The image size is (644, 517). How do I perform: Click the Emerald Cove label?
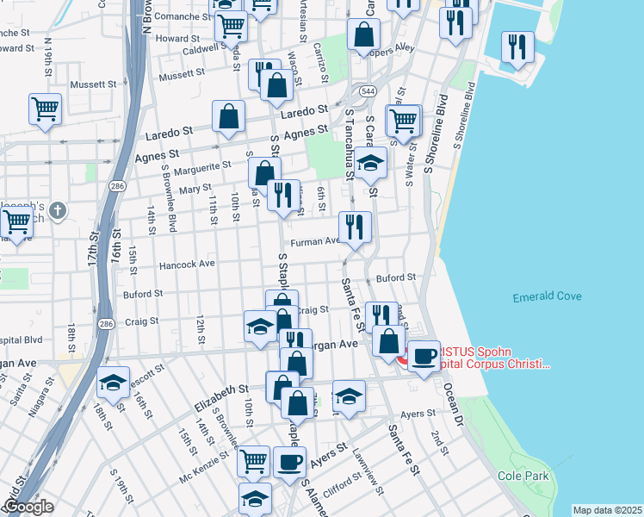tap(547, 297)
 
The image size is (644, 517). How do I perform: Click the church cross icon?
tap(57, 209)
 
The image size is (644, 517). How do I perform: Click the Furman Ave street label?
tap(315, 243)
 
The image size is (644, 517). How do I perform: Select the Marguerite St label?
tap(203, 165)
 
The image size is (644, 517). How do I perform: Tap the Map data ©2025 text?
tap(607, 510)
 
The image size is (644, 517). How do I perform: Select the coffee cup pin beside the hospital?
tap(423, 356)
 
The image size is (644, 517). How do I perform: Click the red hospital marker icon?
tap(404, 359)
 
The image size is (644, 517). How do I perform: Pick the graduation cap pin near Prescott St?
tap(112, 382)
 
